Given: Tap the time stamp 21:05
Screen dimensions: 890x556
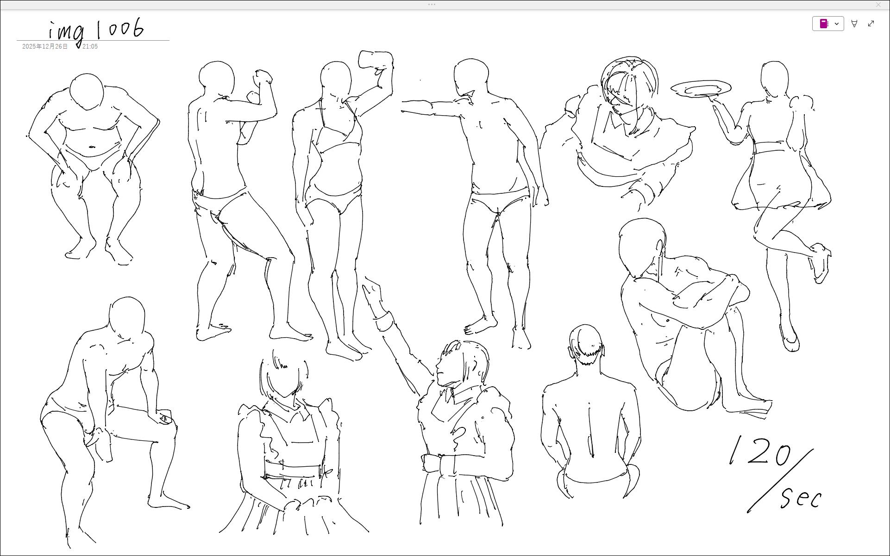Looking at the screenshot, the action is (x=90, y=47).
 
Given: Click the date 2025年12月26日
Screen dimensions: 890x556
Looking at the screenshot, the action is (x=45, y=47).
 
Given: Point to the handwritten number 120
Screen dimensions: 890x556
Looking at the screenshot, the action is (x=759, y=451).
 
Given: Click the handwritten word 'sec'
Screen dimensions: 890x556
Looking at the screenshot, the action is (x=801, y=498).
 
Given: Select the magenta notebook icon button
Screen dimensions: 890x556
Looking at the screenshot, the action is (x=824, y=24).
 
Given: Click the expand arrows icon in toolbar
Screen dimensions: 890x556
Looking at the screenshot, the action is (x=871, y=24).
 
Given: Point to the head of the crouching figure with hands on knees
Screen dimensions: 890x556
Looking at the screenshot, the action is (x=87, y=91).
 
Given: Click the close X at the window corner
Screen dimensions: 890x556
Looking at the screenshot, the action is (x=878, y=5).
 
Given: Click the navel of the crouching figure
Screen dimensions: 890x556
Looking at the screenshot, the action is (x=92, y=147).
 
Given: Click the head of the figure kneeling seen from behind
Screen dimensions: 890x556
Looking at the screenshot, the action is (x=587, y=344).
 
